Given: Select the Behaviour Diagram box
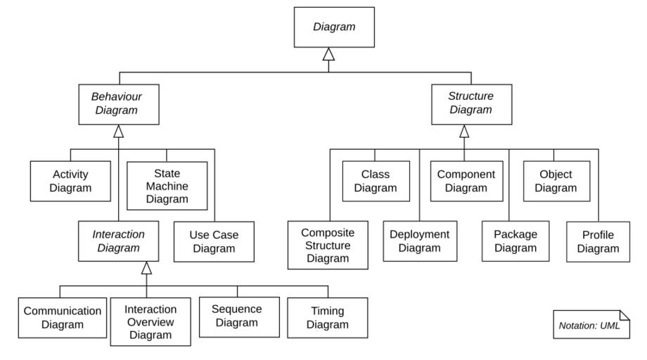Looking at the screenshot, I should [118, 103].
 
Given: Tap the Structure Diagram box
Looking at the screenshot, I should [470, 103].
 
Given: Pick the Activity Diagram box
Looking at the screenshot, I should [71, 181].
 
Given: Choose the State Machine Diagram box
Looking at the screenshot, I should [167, 186].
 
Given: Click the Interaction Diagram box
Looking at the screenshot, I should [119, 241].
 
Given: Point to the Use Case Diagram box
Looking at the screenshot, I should [213, 242].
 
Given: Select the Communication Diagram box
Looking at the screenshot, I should [62, 317].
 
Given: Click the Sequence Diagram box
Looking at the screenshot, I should [237, 316].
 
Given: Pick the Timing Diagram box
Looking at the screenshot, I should [328, 317].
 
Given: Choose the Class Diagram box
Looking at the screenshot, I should [375, 181].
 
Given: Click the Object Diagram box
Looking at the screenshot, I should [555, 181].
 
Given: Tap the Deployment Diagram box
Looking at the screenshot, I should [419, 241].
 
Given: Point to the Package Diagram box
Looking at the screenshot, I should [509, 241].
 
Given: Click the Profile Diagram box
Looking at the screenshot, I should [600, 242].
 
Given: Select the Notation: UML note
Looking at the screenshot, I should [589, 324].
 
